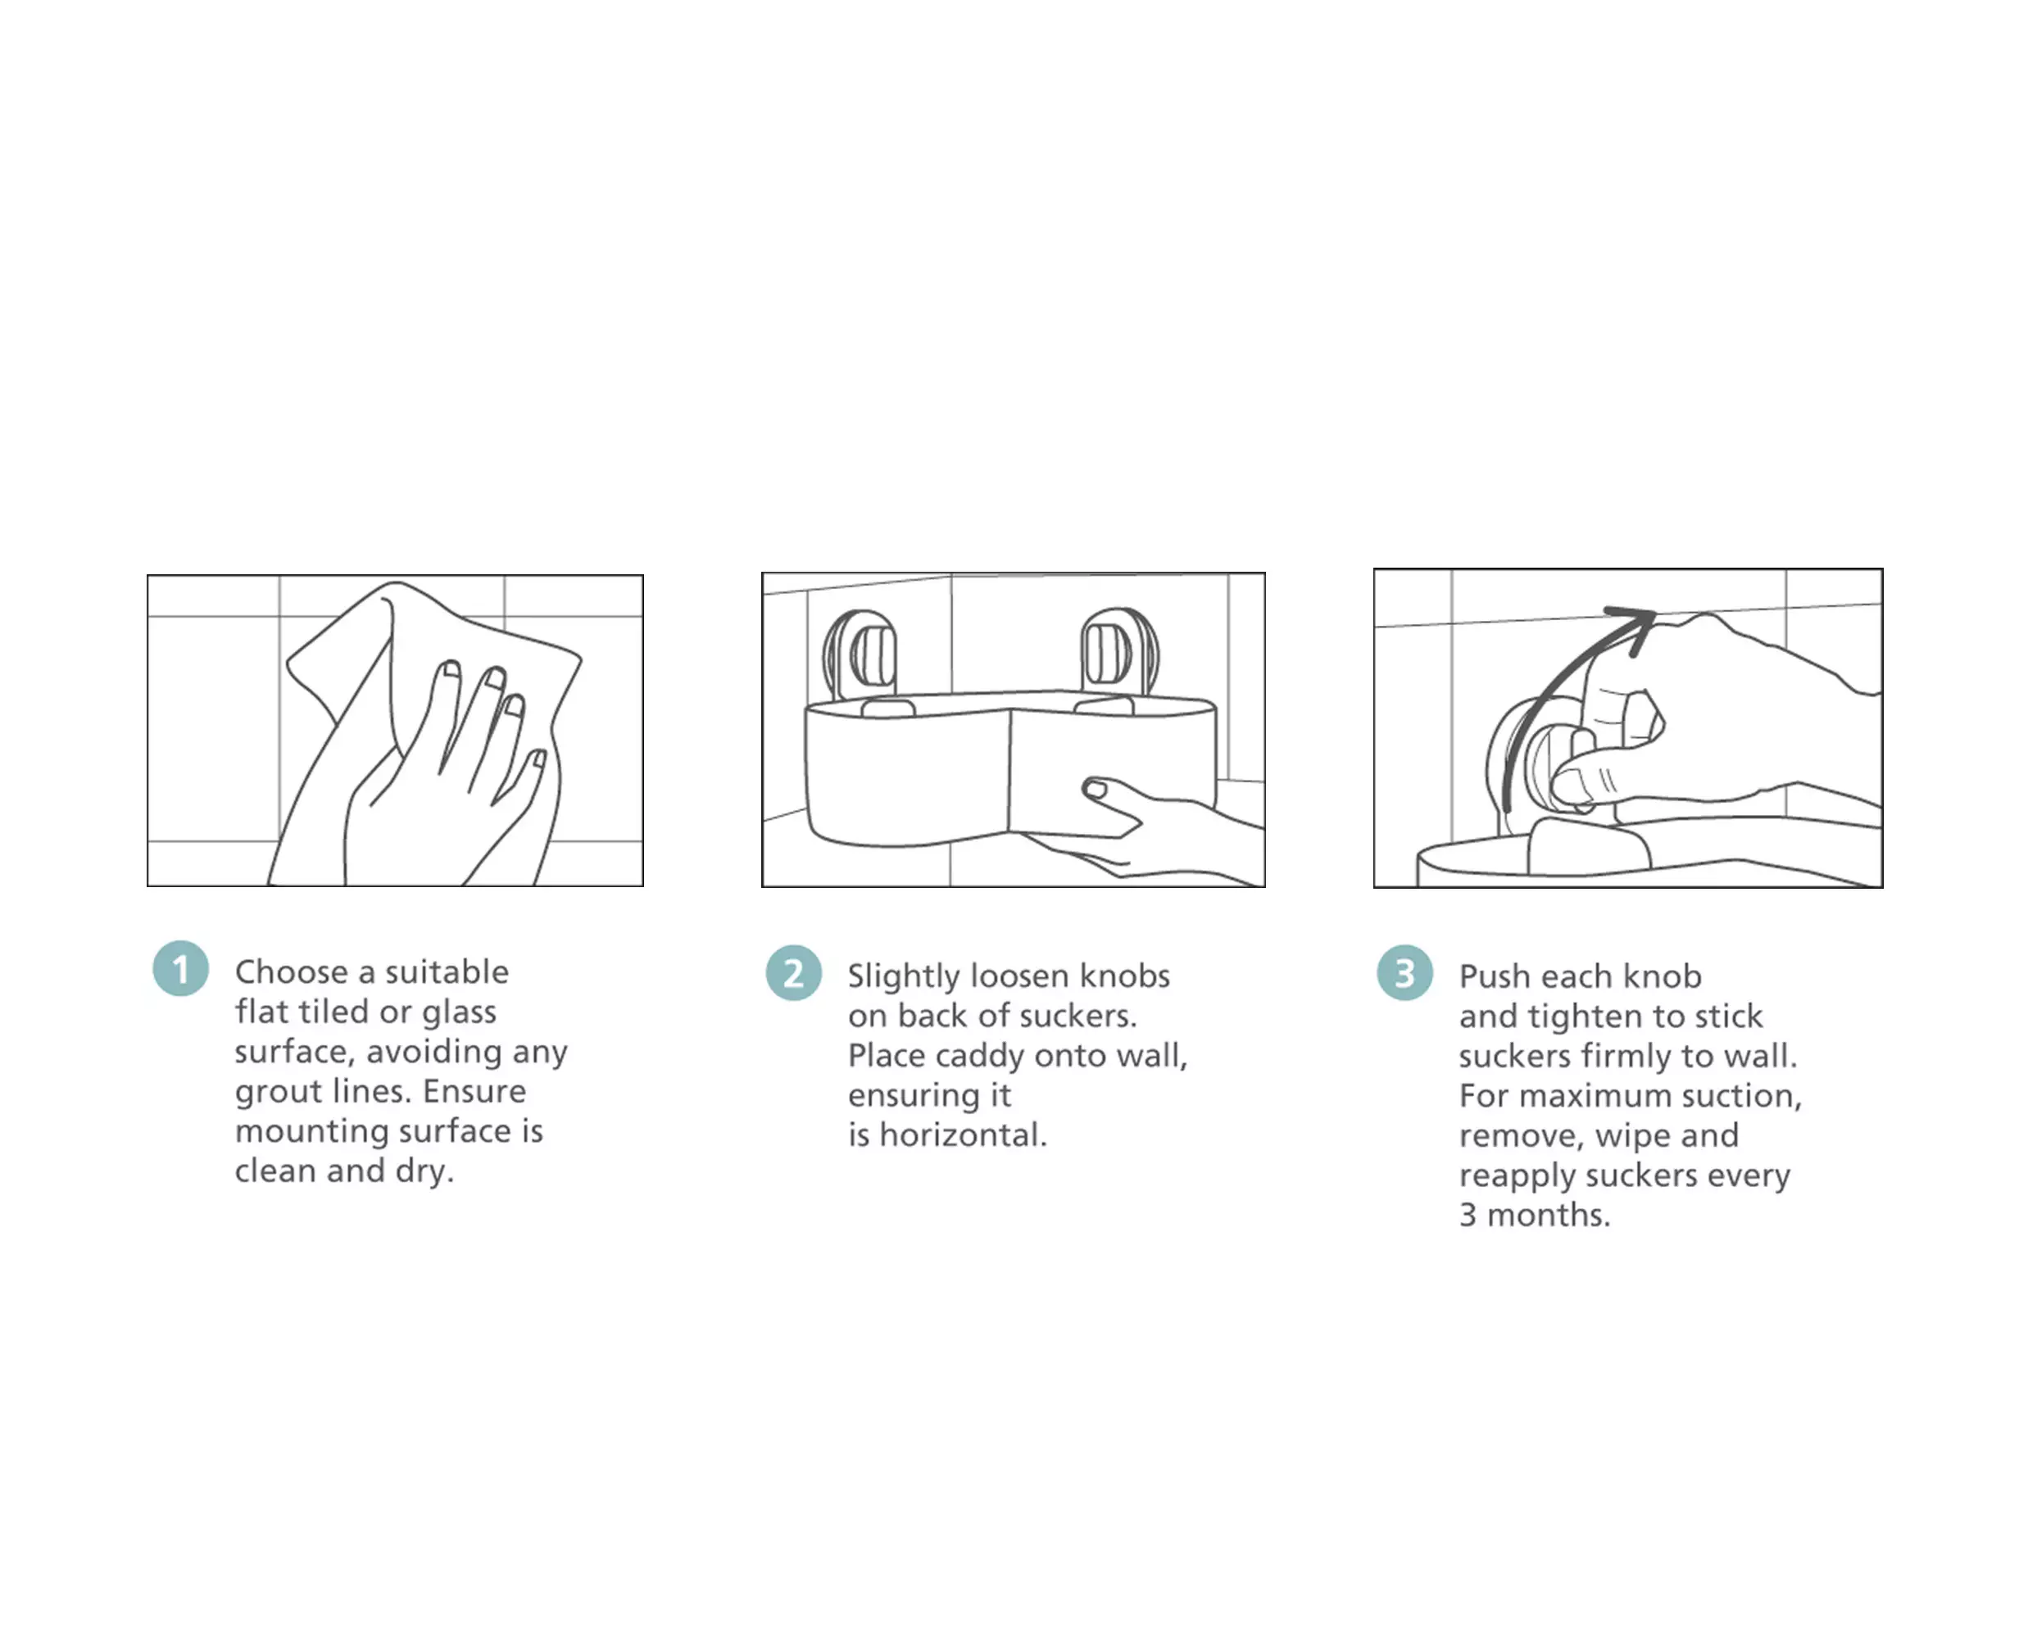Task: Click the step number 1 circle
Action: point(180,969)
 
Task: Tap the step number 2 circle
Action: point(794,972)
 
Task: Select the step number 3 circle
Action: point(1404,972)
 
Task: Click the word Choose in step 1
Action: point(291,971)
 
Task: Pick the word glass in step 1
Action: point(459,1012)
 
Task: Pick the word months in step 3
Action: point(1548,1215)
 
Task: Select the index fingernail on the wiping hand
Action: point(450,669)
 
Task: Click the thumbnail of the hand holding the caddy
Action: point(1095,789)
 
